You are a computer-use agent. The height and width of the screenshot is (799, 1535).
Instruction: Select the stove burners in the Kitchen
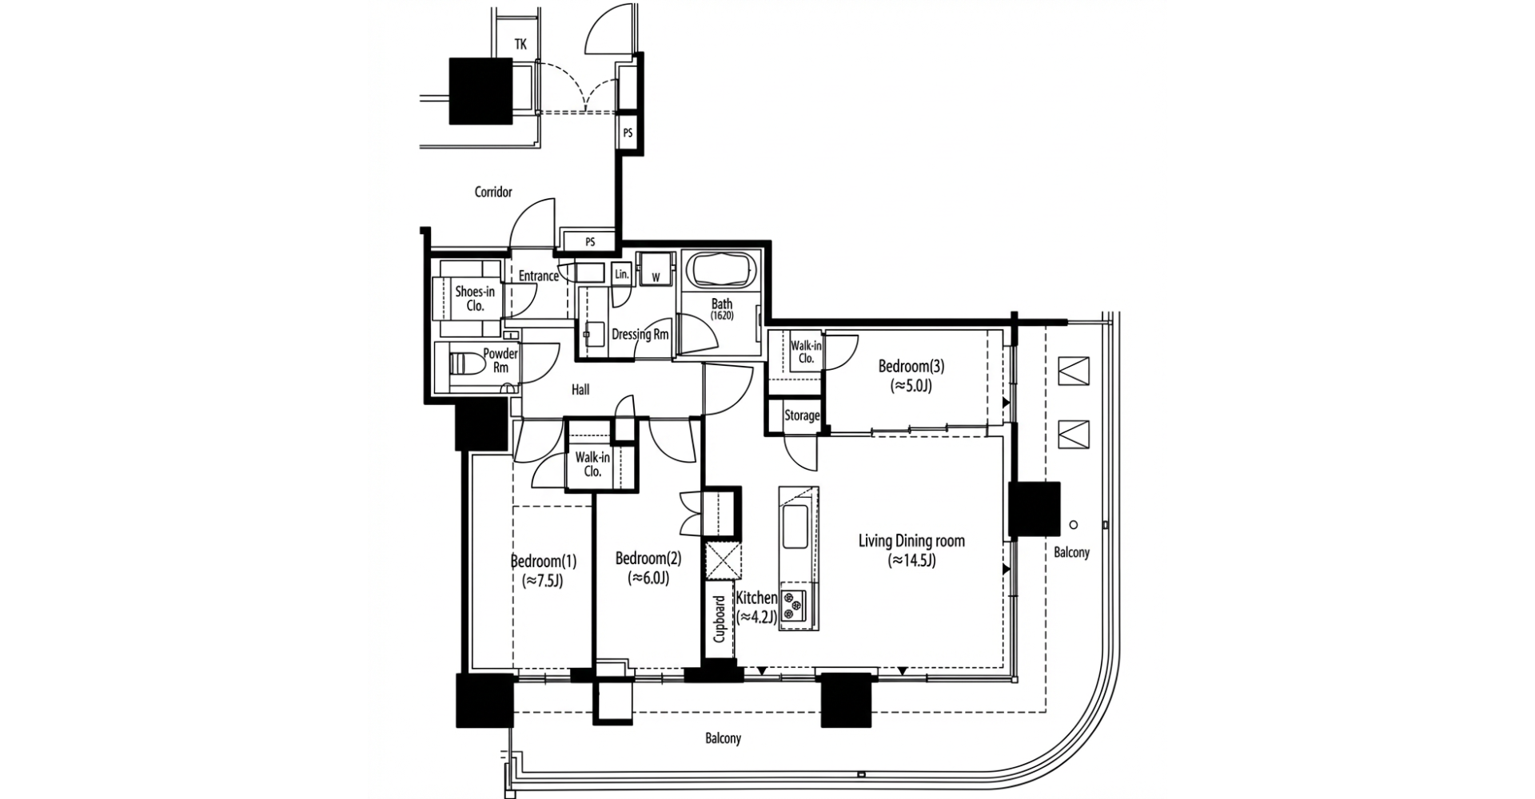pos(793,605)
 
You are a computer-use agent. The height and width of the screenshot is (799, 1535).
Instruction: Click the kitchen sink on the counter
pos(795,527)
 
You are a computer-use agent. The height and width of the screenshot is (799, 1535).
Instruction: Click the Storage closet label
pos(801,415)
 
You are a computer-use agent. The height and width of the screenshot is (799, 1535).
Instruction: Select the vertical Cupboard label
pos(719,619)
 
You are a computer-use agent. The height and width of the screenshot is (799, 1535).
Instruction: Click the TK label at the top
pos(520,45)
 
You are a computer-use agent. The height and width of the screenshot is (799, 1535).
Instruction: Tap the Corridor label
pos(493,192)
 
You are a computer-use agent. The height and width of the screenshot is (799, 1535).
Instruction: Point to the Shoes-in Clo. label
pos(475,298)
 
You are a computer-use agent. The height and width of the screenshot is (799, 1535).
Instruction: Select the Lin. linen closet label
pos(622,274)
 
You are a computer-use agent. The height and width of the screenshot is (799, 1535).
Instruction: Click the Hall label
pos(580,390)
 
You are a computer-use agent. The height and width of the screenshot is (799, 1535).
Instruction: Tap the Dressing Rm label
pos(640,334)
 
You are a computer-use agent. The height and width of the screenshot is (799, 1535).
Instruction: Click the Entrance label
pos(538,276)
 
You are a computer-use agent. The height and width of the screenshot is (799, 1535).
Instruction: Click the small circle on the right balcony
pos(1074,525)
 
